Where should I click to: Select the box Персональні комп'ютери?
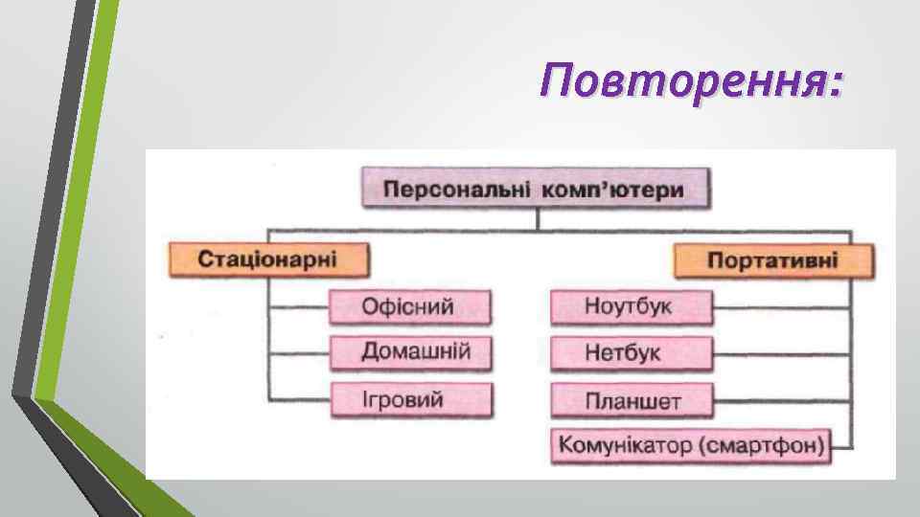(535, 189)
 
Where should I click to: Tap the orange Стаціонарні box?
(267, 259)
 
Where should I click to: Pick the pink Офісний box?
(409, 307)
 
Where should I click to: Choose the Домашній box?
(411, 351)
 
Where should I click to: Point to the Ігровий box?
(411, 398)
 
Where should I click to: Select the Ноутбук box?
(631, 307)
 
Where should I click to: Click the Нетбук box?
(631, 352)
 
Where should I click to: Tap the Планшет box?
(631, 399)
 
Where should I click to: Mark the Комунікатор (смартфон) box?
(690, 444)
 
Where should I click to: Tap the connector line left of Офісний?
(298, 307)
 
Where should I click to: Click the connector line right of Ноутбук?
(781, 307)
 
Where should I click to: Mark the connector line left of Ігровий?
(298, 397)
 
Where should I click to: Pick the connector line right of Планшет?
(781, 398)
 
